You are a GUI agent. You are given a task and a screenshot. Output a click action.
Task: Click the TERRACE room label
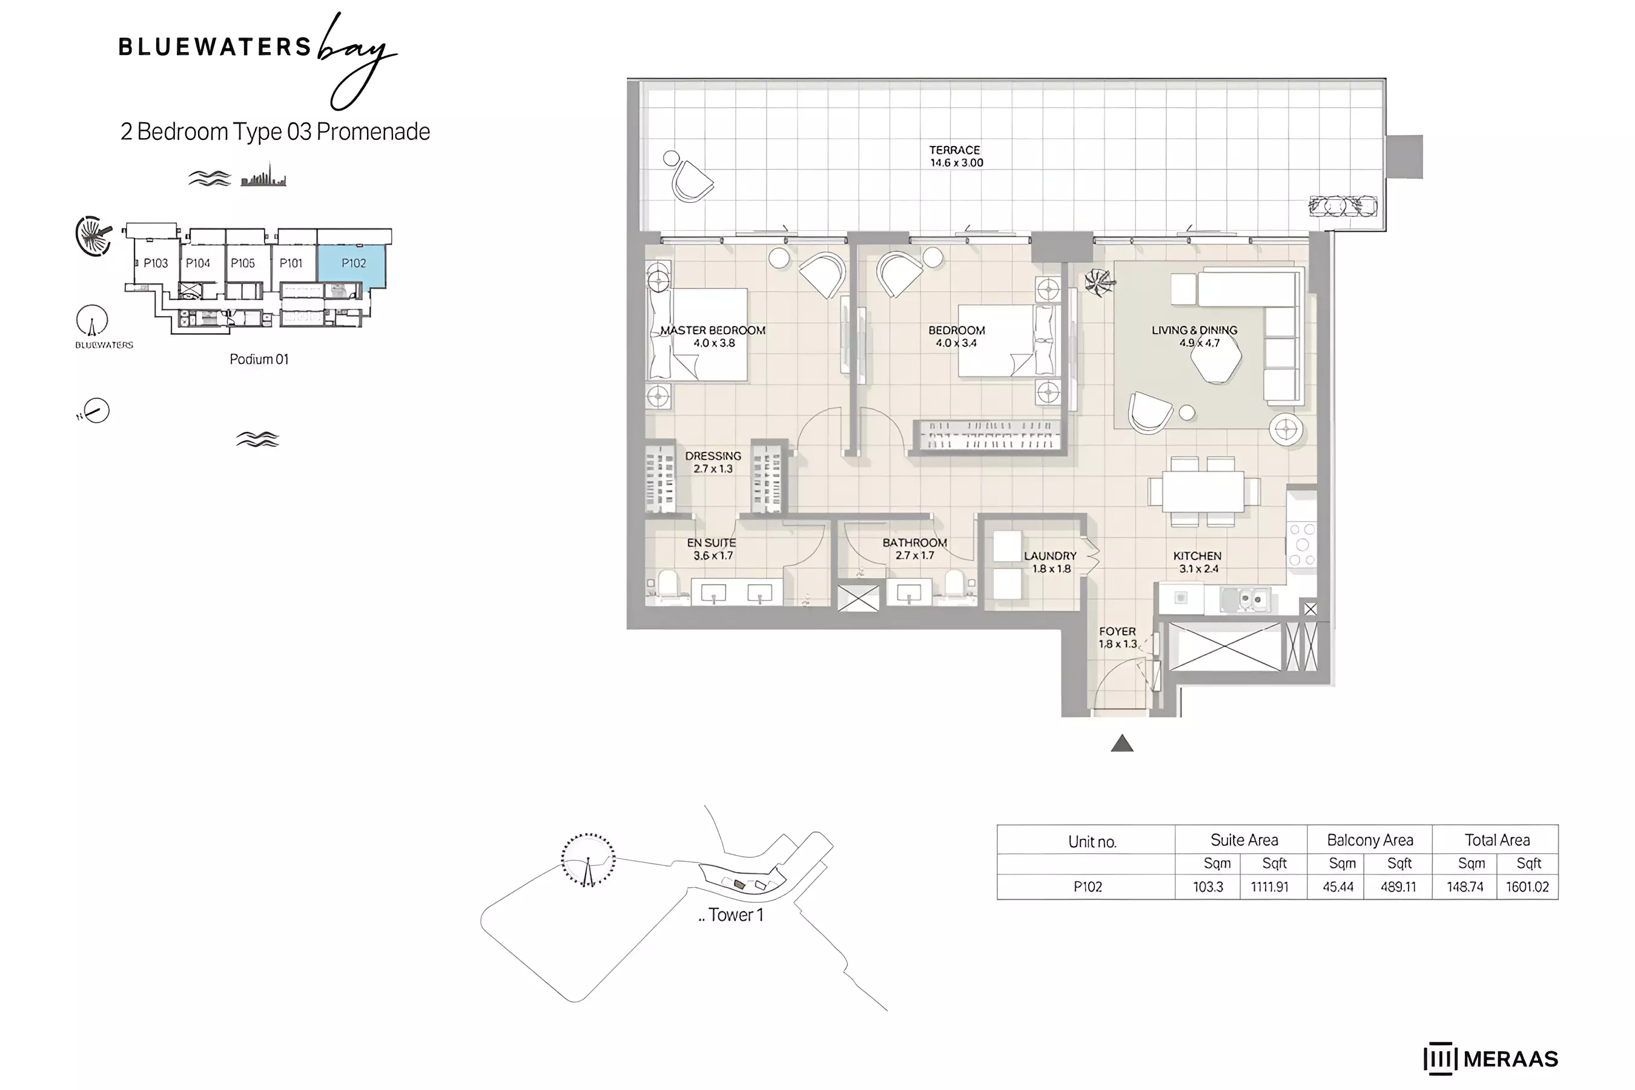pyautogui.click(x=955, y=150)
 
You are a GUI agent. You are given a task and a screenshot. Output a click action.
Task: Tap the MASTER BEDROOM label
pyautogui.click(x=713, y=330)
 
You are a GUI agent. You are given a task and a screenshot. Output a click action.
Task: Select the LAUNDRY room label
pyautogui.click(x=1049, y=556)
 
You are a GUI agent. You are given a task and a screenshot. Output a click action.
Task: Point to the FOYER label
pyautogui.click(x=1117, y=631)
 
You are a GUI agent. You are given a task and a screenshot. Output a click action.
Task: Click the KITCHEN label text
pyautogui.click(x=1197, y=556)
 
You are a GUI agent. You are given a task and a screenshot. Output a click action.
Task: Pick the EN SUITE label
pyautogui.click(x=711, y=543)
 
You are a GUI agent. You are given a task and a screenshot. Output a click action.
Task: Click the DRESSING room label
pyautogui.click(x=713, y=456)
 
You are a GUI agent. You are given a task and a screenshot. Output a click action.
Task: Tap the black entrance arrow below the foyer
pyautogui.click(x=1122, y=744)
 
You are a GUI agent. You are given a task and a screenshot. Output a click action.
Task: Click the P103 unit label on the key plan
pyautogui.click(x=156, y=263)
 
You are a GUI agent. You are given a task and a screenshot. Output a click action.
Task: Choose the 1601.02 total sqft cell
pyautogui.click(x=1527, y=887)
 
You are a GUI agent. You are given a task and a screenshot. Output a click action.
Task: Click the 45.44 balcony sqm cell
pyautogui.click(x=1338, y=887)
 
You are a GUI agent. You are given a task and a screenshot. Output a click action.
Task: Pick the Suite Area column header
pyautogui.click(x=1244, y=840)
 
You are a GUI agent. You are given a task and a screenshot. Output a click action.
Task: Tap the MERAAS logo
pyautogui.click(x=1491, y=1059)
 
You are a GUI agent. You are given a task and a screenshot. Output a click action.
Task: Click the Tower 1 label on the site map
pyautogui.click(x=736, y=915)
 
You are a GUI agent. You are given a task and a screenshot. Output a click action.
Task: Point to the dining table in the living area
pyautogui.click(x=1203, y=492)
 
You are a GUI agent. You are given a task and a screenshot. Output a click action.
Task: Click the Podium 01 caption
pyautogui.click(x=259, y=359)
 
